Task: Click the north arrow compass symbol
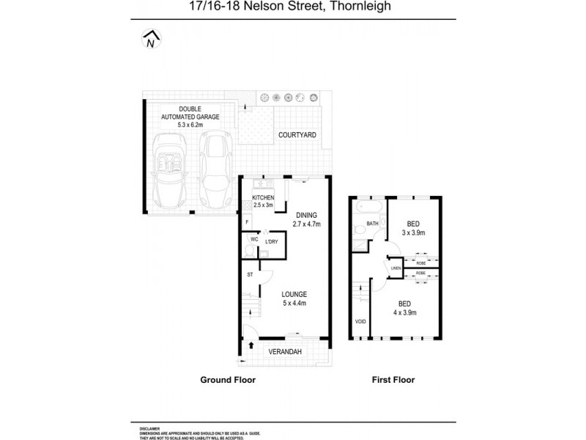click(x=151, y=40)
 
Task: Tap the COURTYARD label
click(x=297, y=136)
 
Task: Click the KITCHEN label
click(x=263, y=198)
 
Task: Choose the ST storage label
click(x=249, y=275)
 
